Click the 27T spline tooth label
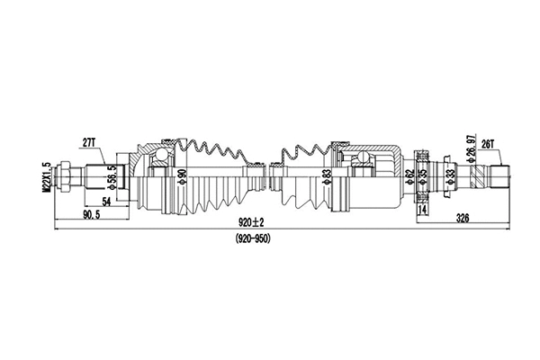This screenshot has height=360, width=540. [x=88, y=141]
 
